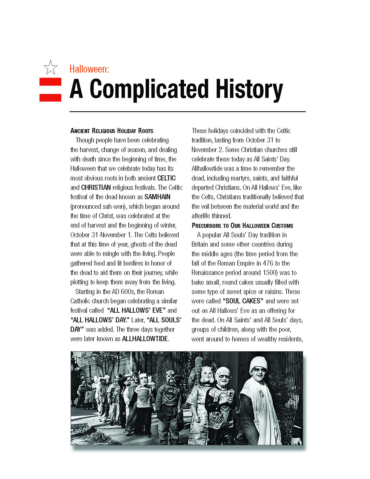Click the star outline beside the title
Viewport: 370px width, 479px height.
51,68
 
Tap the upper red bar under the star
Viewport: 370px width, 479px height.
50,82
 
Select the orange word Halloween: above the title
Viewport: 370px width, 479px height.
89,69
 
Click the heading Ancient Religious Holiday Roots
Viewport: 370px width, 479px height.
112,131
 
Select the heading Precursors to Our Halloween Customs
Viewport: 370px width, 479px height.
242,226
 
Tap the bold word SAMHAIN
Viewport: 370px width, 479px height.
157,197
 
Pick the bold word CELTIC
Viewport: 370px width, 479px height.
166,178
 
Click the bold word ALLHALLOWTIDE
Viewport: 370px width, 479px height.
145,339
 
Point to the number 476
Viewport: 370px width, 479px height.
268,263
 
